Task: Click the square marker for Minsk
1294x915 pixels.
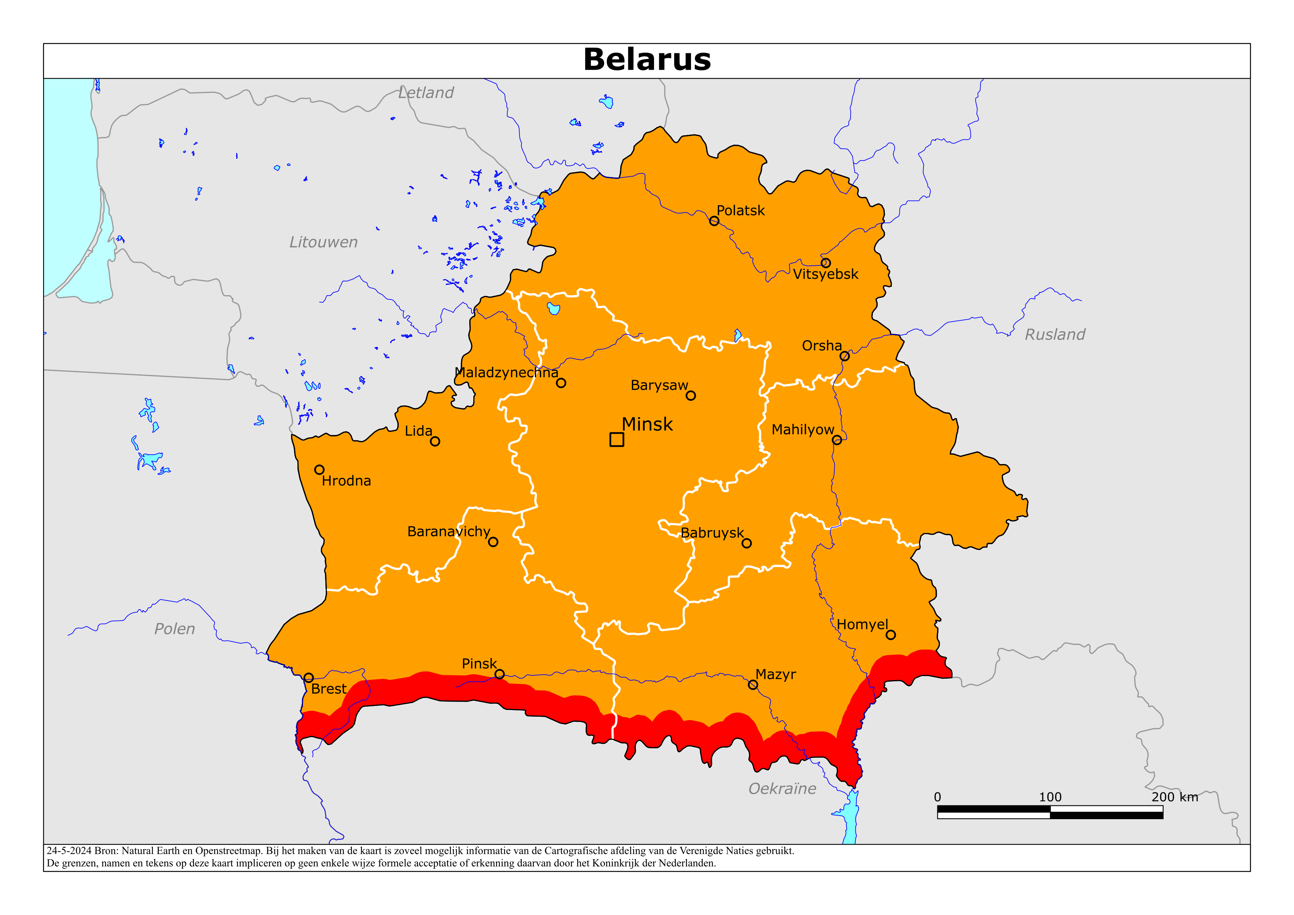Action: (x=616, y=439)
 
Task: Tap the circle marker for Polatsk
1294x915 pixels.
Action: (x=714, y=221)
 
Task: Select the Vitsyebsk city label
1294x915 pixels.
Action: (x=825, y=275)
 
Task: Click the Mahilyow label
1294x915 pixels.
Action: (x=802, y=430)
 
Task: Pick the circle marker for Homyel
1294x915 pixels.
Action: (x=890, y=635)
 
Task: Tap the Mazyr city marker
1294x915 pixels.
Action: (x=753, y=685)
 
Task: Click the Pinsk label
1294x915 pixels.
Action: (x=479, y=663)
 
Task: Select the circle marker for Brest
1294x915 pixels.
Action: (x=308, y=678)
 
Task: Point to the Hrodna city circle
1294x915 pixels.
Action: (x=319, y=470)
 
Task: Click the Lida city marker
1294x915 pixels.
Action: (x=435, y=441)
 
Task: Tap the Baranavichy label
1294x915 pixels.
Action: (x=449, y=531)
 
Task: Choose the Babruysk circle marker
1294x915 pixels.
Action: (x=747, y=543)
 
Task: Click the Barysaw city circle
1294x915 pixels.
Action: (x=691, y=396)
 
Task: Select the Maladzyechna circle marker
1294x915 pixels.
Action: (x=561, y=383)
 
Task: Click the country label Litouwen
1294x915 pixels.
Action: (x=323, y=242)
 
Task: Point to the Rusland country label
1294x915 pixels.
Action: (x=1054, y=335)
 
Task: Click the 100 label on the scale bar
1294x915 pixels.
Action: (x=1050, y=797)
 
